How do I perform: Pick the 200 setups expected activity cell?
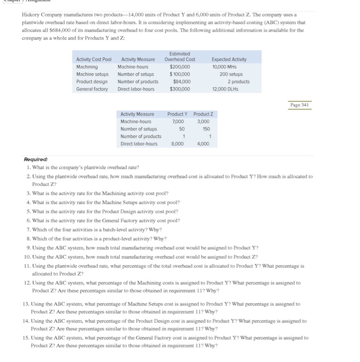[228, 74]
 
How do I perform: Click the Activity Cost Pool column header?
[94, 59]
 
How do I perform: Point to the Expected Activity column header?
[229, 59]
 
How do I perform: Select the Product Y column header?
[178, 114]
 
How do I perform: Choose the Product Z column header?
[204, 114]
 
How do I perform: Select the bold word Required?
[36, 160]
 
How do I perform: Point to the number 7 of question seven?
[27, 230]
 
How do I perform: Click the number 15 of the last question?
[26, 338]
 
